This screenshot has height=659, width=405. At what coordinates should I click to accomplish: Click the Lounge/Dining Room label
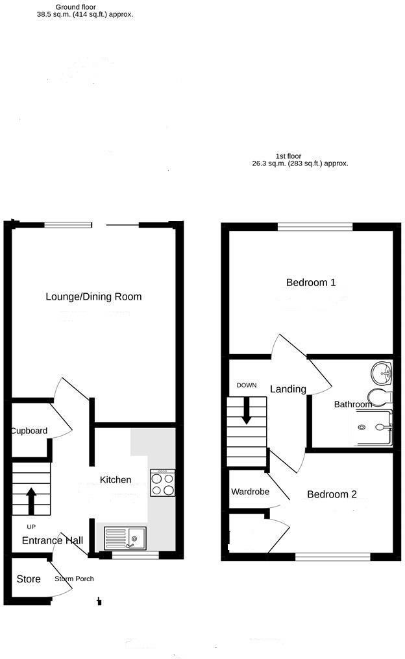click(93, 297)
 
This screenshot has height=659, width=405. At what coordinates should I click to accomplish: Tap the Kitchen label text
click(116, 480)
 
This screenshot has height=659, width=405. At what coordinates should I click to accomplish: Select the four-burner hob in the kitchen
click(162, 483)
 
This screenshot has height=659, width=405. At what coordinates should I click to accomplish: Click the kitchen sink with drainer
click(125, 538)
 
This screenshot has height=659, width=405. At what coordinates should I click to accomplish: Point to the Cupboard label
click(29, 431)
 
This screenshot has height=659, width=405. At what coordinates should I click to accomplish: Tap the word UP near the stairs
click(31, 526)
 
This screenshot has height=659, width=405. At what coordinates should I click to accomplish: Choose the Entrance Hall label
click(53, 541)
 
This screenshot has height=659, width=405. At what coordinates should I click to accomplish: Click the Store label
click(29, 579)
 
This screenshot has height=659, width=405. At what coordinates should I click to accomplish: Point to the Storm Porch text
click(74, 579)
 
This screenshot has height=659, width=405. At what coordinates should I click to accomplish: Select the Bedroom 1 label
click(311, 283)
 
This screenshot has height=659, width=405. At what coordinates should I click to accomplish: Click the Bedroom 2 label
click(332, 494)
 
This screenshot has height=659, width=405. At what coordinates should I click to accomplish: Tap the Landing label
click(288, 389)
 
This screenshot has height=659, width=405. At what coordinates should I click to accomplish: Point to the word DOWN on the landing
click(247, 385)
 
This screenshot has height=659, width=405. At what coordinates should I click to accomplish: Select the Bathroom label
click(353, 405)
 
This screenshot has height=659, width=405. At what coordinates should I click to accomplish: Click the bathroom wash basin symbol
click(382, 373)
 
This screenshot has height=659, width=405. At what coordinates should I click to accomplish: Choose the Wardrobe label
click(250, 492)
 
